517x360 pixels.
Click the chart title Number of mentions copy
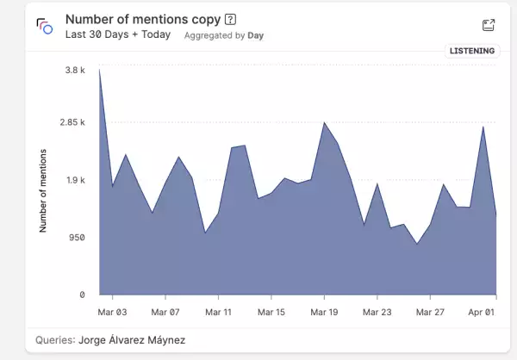click(x=142, y=19)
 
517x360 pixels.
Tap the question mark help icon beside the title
click(x=230, y=19)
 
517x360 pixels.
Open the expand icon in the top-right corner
click(x=489, y=26)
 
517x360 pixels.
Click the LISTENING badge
click(x=472, y=51)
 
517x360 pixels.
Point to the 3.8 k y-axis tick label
click(x=76, y=70)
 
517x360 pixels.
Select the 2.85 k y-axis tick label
click(x=72, y=122)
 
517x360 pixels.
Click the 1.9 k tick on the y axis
click(x=76, y=180)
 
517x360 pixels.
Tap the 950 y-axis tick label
click(x=78, y=238)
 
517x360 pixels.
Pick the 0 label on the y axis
click(x=83, y=295)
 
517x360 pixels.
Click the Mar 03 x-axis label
click(x=113, y=312)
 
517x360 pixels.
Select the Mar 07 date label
click(x=165, y=312)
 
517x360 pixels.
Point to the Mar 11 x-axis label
click(x=218, y=312)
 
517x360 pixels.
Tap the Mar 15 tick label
click(x=271, y=312)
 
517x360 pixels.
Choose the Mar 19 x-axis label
click(x=324, y=312)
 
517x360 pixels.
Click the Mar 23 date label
click(x=377, y=312)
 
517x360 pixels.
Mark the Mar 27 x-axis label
click(x=429, y=312)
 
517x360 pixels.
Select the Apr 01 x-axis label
click(x=482, y=312)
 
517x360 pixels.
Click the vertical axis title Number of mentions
click(x=43, y=190)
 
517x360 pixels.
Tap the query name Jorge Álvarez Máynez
click(x=132, y=340)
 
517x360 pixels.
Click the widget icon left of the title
click(x=45, y=26)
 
